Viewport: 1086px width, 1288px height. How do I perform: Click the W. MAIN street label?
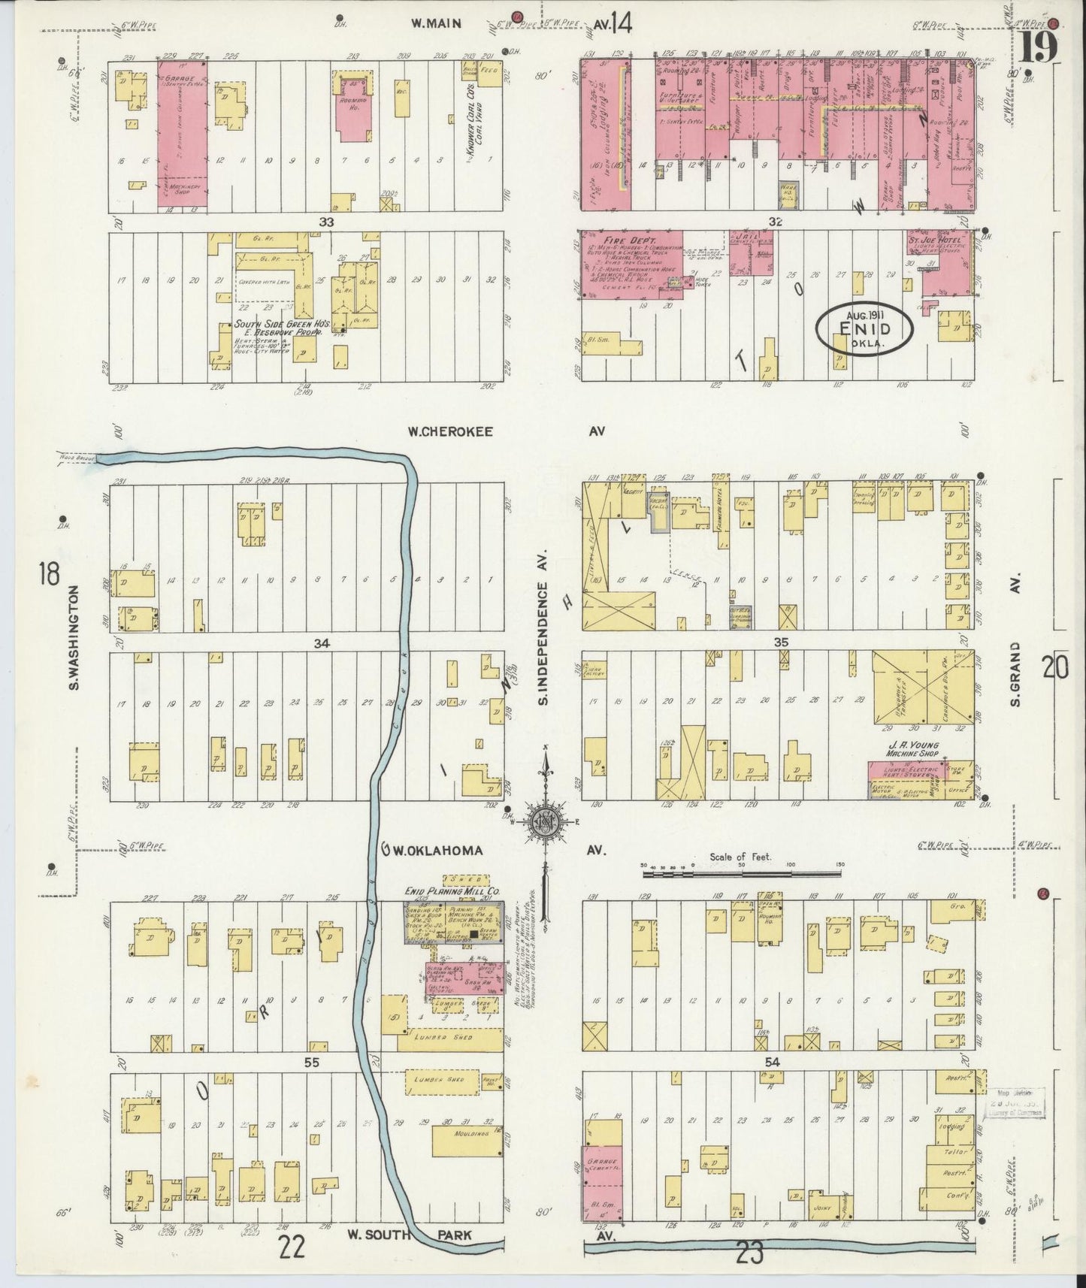click(x=435, y=23)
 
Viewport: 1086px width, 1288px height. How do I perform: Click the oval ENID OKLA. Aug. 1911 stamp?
click(x=865, y=329)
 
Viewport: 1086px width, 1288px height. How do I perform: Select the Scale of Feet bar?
click(x=740, y=873)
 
